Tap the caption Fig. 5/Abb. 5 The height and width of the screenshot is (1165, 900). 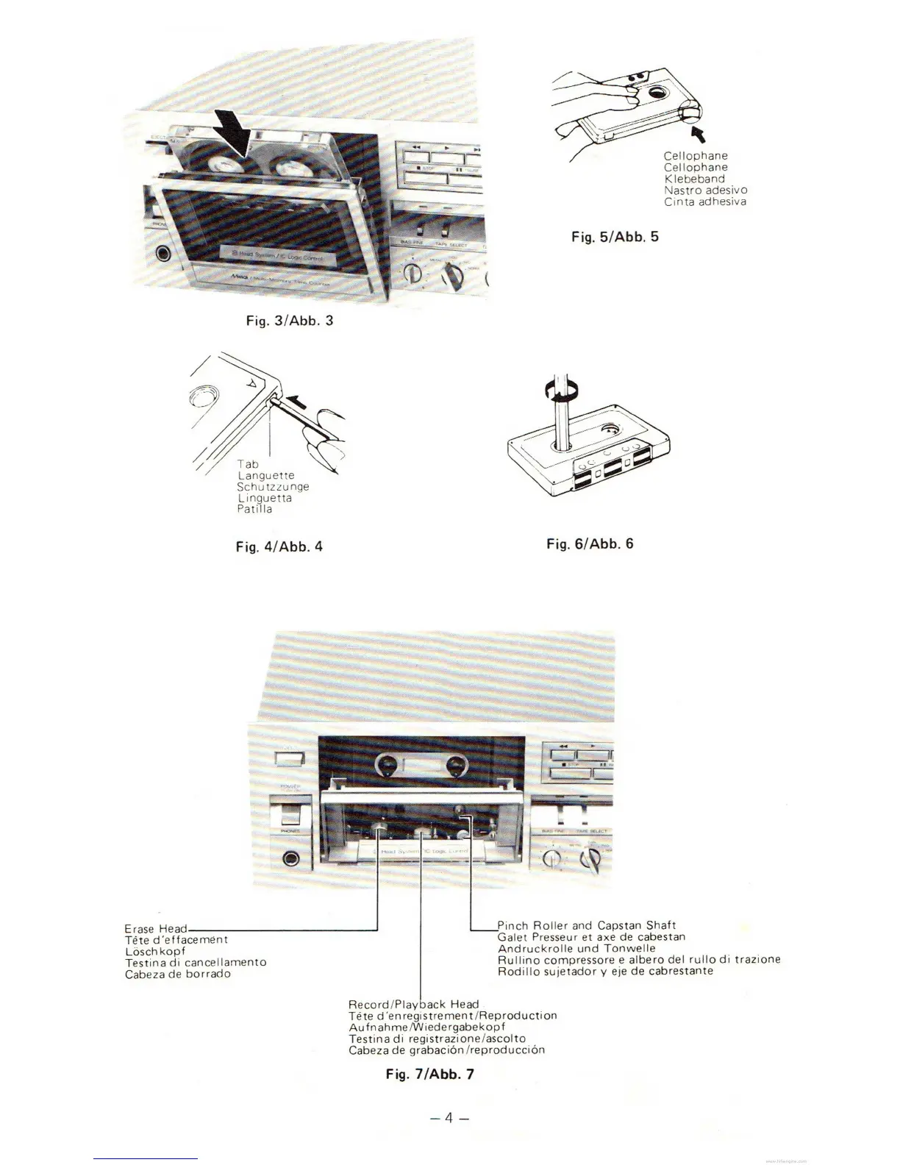click(x=615, y=237)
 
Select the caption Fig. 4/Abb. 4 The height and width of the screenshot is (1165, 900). click(x=279, y=546)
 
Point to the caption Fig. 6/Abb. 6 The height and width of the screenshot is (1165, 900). click(x=590, y=544)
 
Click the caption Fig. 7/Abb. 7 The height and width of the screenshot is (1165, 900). click(x=430, y=1074)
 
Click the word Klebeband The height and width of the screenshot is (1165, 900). click(x=694, y=179)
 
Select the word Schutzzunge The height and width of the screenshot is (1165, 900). click(x=273, y=487)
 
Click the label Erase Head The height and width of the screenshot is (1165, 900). click(x=156, y=929)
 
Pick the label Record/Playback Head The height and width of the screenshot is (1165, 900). click(x=413, y=1004)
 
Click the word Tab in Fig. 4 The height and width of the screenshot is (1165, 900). click(x=248, y=465)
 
